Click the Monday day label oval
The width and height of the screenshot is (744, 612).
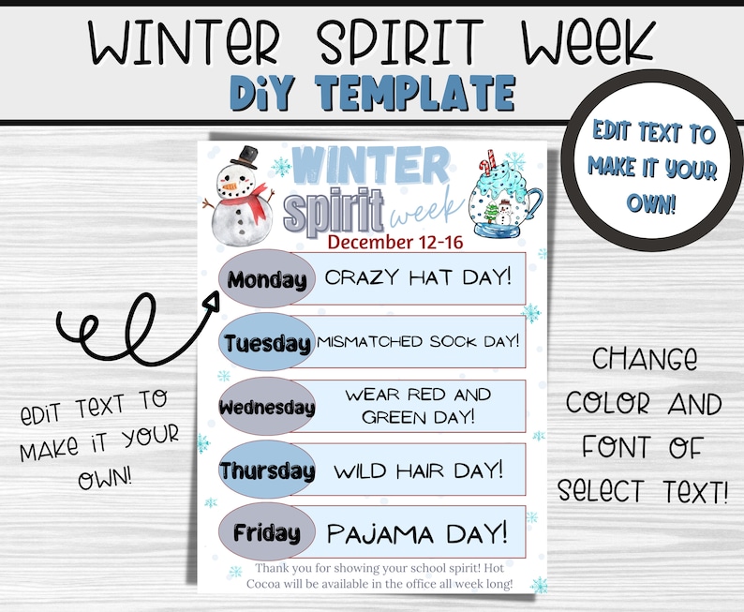(x=267, y=279)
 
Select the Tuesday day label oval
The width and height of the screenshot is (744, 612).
(x=267, y=343)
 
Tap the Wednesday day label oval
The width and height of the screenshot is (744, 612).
(x=267, y=407)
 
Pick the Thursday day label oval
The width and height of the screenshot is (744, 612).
(x=267, y=470)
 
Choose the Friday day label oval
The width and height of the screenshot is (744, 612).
(x=267, y=533)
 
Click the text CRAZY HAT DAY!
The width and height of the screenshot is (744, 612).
(x=418, y=276)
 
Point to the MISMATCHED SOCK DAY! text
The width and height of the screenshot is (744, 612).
(x=418, y=341)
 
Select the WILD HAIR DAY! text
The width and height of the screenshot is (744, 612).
(x=418, y=468)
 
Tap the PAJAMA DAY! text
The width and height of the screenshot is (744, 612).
(x=418, y=533)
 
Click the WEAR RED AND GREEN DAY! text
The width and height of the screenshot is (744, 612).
(x=418, y=405)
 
